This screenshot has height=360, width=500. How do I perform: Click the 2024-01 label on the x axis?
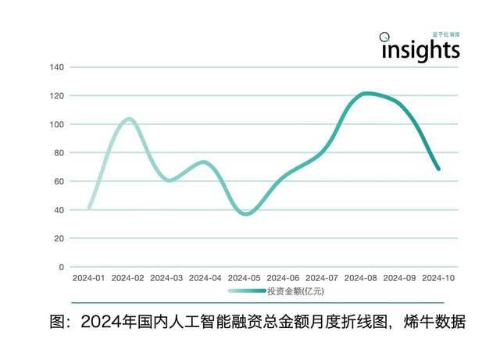coord(88,278)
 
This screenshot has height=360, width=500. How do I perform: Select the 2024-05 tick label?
coord(244,278)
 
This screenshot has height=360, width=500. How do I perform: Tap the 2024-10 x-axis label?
coord(438,278)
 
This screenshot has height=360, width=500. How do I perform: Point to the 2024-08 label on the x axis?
coord(360,278)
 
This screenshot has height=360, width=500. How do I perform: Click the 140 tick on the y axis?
coord(56,67)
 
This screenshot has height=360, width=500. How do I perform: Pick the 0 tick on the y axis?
coord(62,267)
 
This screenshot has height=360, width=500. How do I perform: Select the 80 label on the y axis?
coord(59,153)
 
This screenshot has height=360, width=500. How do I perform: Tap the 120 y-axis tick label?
coord(56,96)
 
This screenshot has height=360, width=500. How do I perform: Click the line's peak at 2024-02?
coord(129,119)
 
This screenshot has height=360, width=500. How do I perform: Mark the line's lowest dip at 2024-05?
coord(246,213)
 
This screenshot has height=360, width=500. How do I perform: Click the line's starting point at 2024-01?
coord(90,208)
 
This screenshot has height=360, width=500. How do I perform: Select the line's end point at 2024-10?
coord(438,169)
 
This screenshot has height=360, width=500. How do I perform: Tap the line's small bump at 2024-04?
coord(204,162)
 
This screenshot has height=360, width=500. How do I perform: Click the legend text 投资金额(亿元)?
coord(295,291)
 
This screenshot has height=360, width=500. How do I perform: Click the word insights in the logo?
coord(420,49)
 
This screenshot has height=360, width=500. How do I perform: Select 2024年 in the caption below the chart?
coord(110,321)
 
